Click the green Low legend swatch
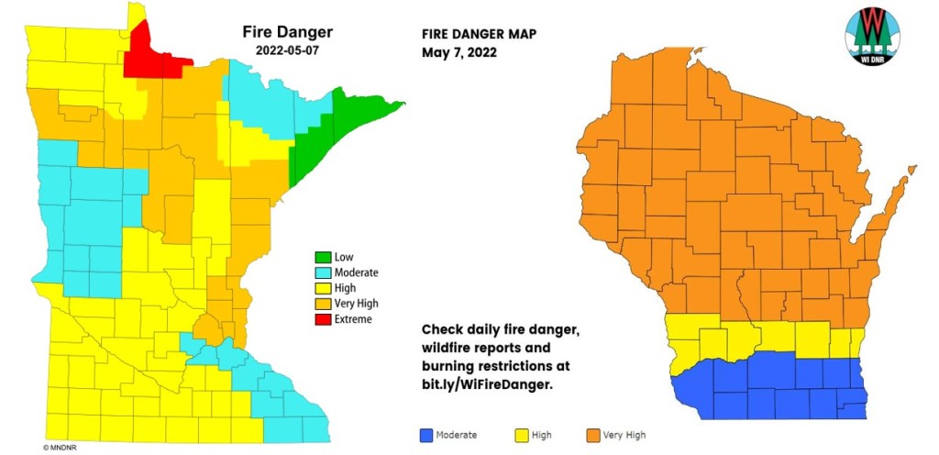(x=322, y=257)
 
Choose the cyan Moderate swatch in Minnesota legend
(x=322, y=272)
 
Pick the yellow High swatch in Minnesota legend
(x=322, y=288)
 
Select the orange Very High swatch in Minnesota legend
(x=322, y=304)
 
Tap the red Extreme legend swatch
(x=322, y=319)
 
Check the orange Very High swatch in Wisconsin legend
(x=592, y=435)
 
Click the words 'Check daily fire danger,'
(x=503, y=329)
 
